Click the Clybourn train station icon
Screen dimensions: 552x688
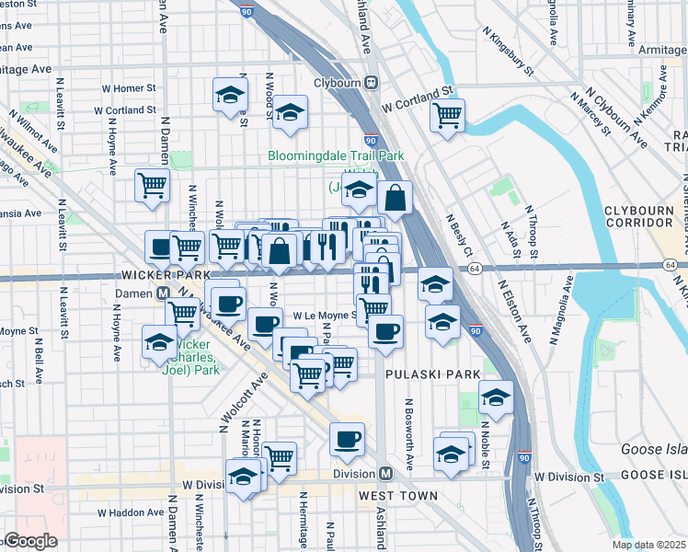pyautogui.click(x=372, y=81)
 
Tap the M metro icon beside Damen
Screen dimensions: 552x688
pyautogui.click(x=162, y=292)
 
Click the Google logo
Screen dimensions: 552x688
pyautogui.click(x=29, y=541)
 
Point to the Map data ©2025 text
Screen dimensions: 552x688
pyautogui.click(x=649, y=545)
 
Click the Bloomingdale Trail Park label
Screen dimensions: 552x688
pyautogui.click(x=336, y=156)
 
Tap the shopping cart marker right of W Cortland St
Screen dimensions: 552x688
pyautogui.click(x=447, y=117)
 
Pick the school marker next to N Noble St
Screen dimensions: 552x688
pyautogui.click(x=496, y=398)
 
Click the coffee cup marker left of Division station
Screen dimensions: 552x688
pyautogui.click(x=347, y=440)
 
